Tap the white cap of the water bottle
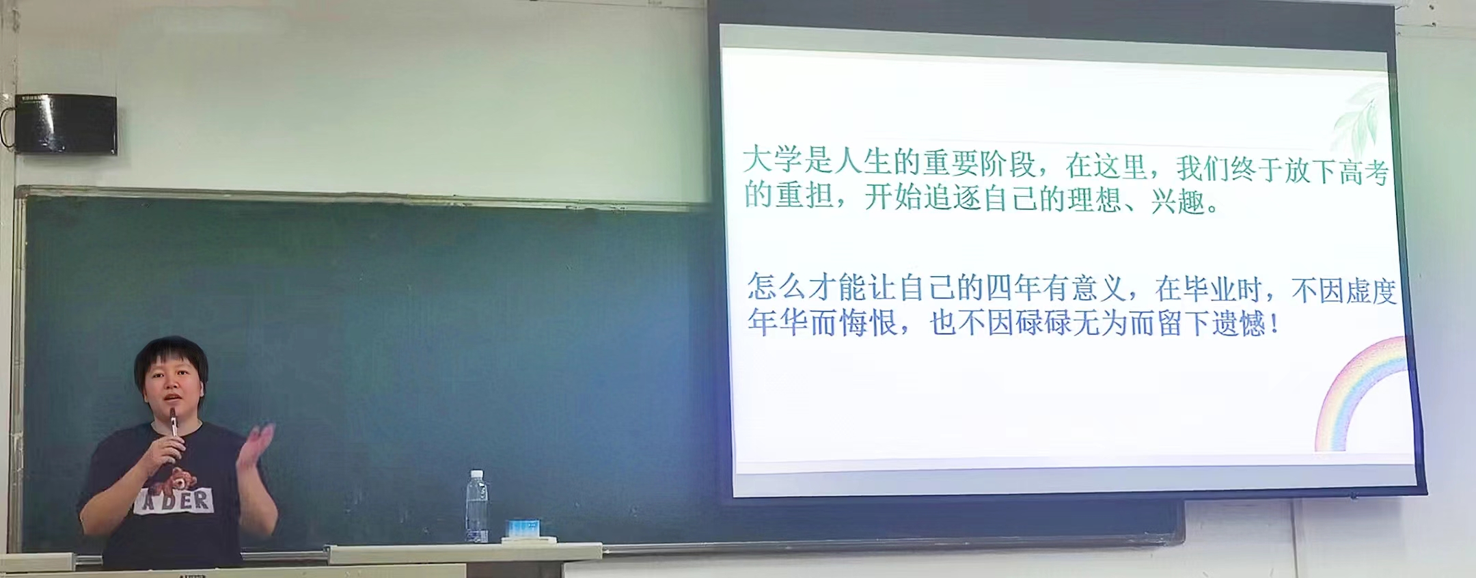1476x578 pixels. [x=477, y=473]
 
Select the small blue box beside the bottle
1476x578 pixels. [x=523, y=527]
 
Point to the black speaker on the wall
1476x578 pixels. [x=66, y=124]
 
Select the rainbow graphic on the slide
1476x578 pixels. [x=1360, y=393]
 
